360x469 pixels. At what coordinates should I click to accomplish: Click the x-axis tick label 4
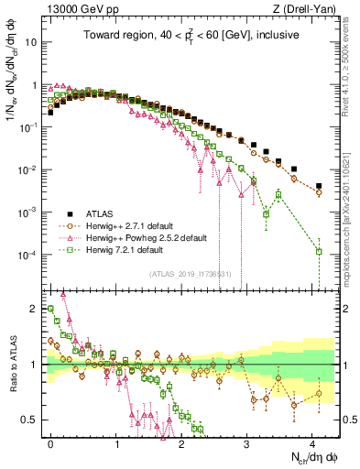pyautogui.click(x=313, y=442)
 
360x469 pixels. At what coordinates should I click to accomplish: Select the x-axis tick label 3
pyautogui.click(x=247, y=442)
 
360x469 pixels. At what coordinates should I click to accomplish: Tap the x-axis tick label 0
pyautogui.click(x=51, y=442)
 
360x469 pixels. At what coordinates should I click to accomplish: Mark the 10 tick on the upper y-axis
pyautogui.click(x=33, y=42)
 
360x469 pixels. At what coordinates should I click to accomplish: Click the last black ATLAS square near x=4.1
pyautogui.click(x=319, y=186)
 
